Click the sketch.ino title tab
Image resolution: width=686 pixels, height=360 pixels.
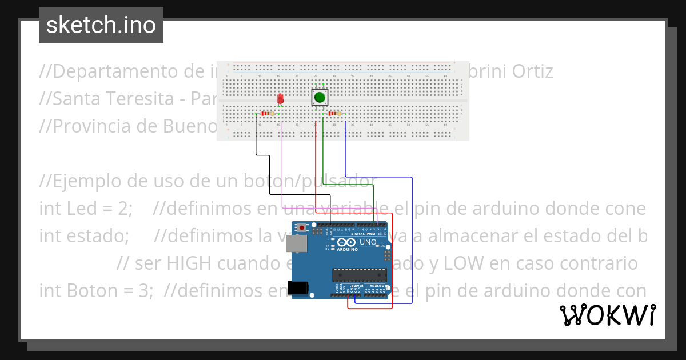(x=101, y=25)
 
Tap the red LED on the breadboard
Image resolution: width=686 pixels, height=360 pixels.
(x=280, y=99)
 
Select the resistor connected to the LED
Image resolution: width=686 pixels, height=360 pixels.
(x=266, y=114)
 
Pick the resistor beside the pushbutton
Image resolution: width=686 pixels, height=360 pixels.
(x=334, y=114)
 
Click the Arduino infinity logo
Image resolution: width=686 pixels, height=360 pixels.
(x=350, y=243)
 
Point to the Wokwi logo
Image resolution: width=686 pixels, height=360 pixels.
(x=607, y=315)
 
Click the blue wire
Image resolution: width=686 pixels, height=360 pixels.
(x=412, y=240)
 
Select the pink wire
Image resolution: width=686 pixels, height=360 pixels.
(x=283, y=171)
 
